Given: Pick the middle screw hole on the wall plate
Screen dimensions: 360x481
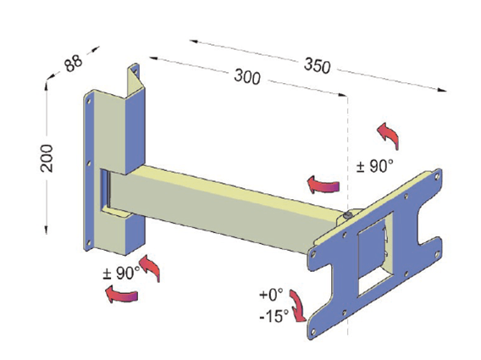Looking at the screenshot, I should (89, 161).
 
